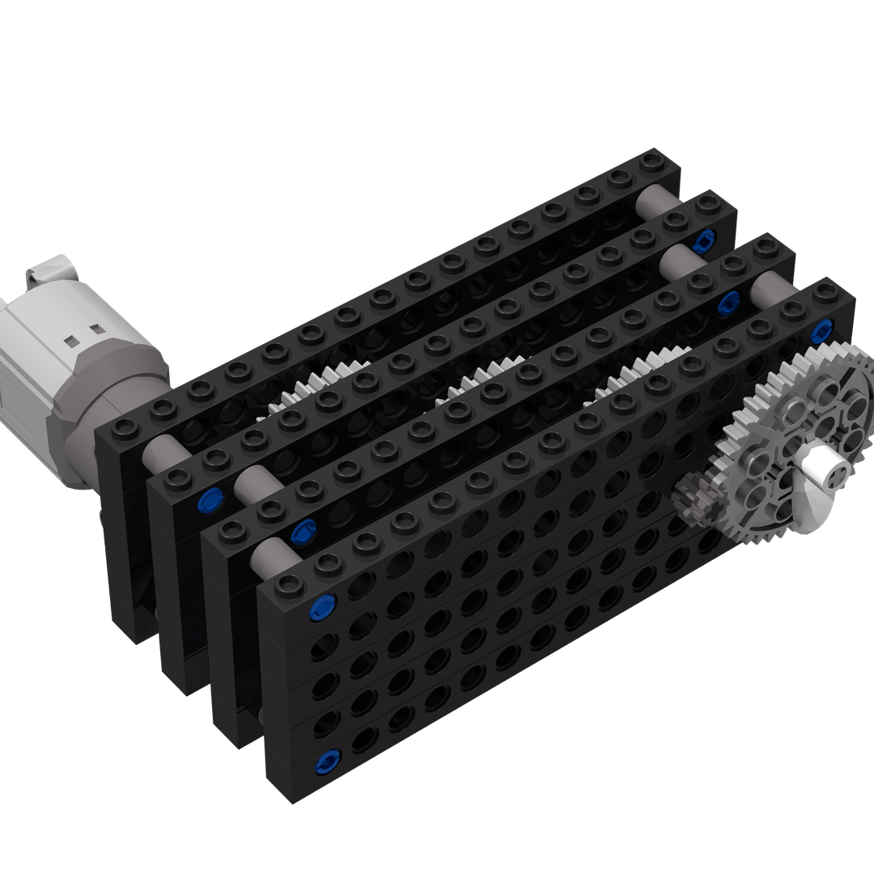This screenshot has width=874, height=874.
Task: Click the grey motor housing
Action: tap(73, 356)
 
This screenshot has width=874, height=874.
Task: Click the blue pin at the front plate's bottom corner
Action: tap(329, 760)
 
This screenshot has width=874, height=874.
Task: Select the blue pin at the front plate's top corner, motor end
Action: tap(323, 605)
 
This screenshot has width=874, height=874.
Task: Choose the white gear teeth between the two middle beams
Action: tap(486, 376)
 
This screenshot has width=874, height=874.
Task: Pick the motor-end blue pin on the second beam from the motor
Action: tap(210, 502)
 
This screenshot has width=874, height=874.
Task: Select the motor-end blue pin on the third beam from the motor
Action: tap(303, 531)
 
